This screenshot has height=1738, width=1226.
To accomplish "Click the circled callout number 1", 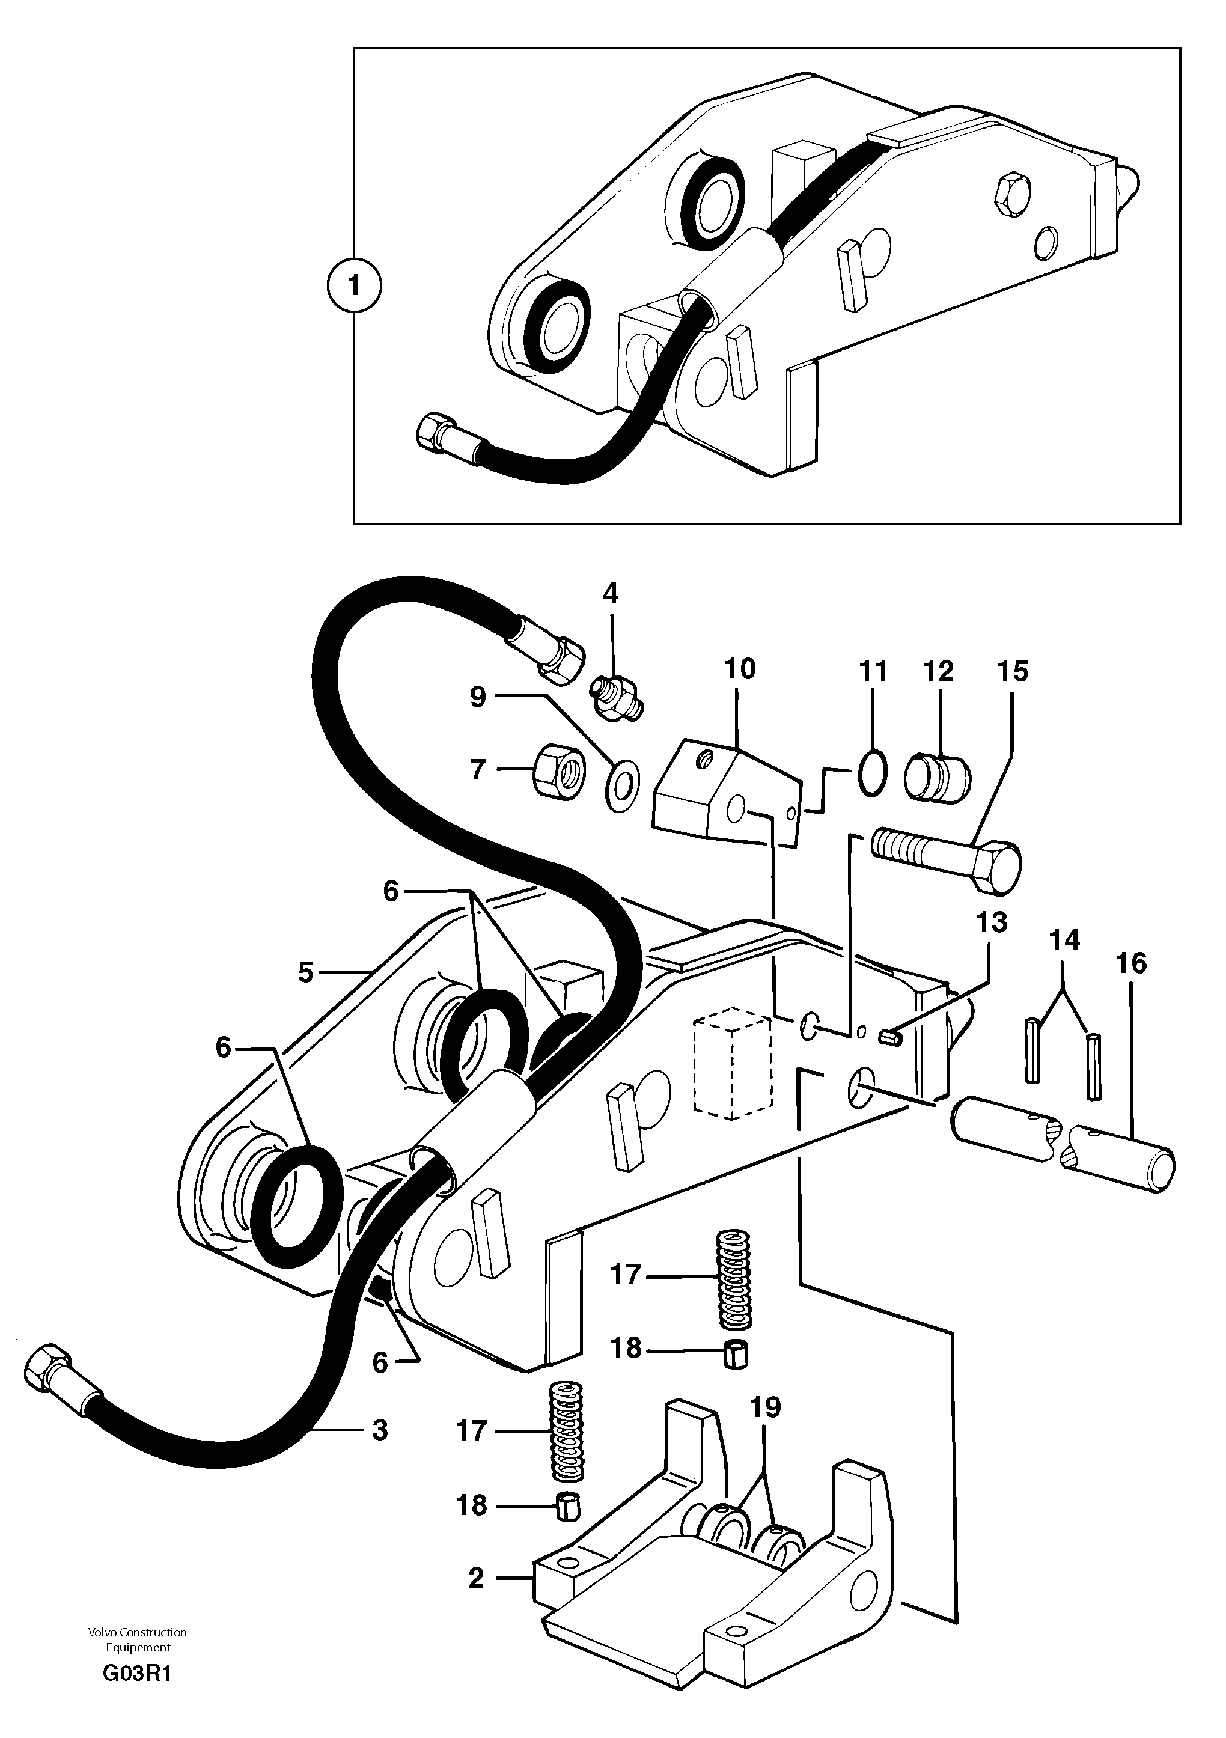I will (354, 286).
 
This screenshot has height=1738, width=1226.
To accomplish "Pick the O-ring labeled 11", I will (871, 772).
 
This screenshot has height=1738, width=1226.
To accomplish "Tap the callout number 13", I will (992, 922).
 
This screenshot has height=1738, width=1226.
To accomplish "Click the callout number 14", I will (1063, 942).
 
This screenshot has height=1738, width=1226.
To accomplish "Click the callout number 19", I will (765, 1407).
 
